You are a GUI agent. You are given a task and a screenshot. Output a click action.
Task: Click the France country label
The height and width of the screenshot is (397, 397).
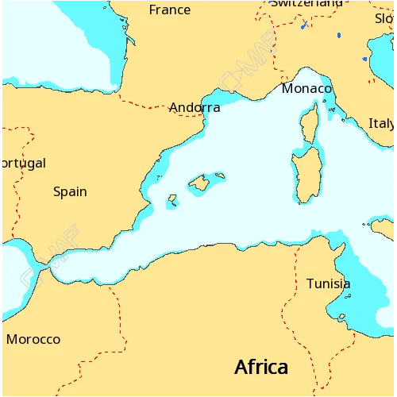[x=170, y=10]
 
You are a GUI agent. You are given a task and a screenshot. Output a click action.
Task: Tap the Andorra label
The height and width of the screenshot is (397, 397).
[x=195, y=107]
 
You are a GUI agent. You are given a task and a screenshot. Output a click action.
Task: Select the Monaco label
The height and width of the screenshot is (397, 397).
[x=306, y=89]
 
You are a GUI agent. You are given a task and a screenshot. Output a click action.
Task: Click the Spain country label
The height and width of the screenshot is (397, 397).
[x=70, y=191]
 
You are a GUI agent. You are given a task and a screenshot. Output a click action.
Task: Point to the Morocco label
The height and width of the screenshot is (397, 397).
[x=33, y=339]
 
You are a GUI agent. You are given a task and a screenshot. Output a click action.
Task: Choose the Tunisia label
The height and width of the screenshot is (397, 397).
[x=328, y=283]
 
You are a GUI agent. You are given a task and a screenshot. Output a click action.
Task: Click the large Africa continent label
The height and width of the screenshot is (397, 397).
[x=260, y=368]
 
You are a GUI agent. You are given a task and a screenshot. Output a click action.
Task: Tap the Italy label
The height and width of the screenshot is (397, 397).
[x=381, y=124]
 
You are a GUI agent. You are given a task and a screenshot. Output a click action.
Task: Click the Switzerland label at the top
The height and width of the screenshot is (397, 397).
[x=306, y=3]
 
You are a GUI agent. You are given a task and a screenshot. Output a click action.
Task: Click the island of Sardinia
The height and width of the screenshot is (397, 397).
[x=305, y=175]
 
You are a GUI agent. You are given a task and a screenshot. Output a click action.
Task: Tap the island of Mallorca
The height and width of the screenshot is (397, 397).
[x=199, y=184]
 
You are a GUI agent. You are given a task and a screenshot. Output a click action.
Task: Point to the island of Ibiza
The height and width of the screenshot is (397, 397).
[x=171, y=201]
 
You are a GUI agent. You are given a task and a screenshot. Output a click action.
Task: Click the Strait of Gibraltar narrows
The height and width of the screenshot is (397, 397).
[x=45, y=272]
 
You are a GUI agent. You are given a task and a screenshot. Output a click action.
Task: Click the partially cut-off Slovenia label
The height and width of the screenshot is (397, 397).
[x=384, y=18]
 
